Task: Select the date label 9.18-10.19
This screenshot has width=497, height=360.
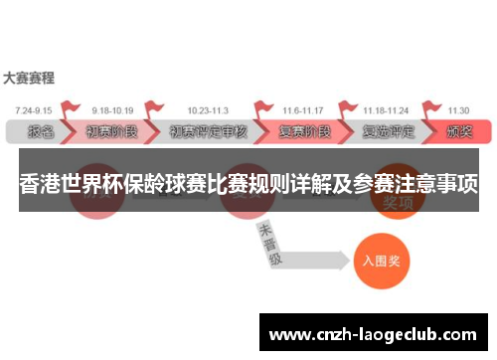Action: point(111,109)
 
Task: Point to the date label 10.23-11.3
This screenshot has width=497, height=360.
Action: point(207,109)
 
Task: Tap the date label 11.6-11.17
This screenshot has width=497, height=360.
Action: point(301,109)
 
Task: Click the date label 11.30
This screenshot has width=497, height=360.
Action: point(458,109)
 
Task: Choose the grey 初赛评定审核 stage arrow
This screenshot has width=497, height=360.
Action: point(208,130)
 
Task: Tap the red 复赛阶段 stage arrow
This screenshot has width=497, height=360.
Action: point(303,130)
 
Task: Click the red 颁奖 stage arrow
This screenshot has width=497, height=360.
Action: point(459,130)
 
